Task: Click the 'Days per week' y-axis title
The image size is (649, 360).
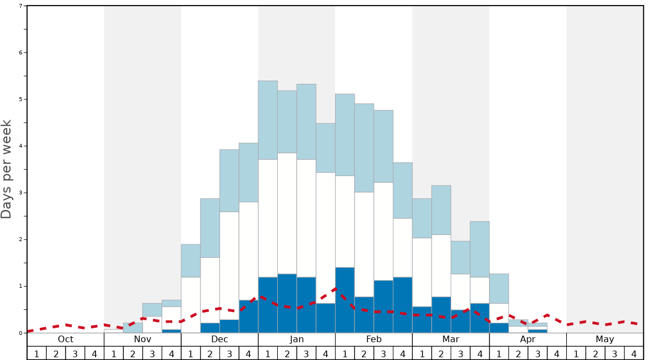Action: (x=7, y=169)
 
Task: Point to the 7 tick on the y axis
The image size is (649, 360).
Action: (x=21, y=6)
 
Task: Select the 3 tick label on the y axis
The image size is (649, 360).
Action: (x=21, y=193)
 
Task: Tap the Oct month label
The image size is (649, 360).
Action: (x=66, y=339)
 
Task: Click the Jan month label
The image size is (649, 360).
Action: (x=297, y=339)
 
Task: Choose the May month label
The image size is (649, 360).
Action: (x=605, y=339)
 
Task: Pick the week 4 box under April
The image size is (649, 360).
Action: (x=557, y=353)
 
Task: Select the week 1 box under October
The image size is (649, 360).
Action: (x=37, y=353)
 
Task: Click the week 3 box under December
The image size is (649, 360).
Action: (x=229, y=353)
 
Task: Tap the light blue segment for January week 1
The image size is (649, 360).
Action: (x=268, y=120)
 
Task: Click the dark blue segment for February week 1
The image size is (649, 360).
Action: (x=345, y=300)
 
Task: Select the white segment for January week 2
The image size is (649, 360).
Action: (x=287, y=213)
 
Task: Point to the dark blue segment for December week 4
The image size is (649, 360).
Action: (x=248, y=316)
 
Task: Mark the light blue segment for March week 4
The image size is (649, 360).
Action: (x=480, y=249)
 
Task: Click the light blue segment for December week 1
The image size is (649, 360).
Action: (x=191, y=261)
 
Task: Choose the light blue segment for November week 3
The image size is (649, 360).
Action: (x=152, y=309)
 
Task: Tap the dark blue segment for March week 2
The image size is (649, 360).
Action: (x=441, y=314)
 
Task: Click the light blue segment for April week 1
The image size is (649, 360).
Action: (x=499, y=288)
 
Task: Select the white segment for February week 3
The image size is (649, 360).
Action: (x=383, y=231)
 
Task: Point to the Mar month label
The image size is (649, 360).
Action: (x=451, y=339)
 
